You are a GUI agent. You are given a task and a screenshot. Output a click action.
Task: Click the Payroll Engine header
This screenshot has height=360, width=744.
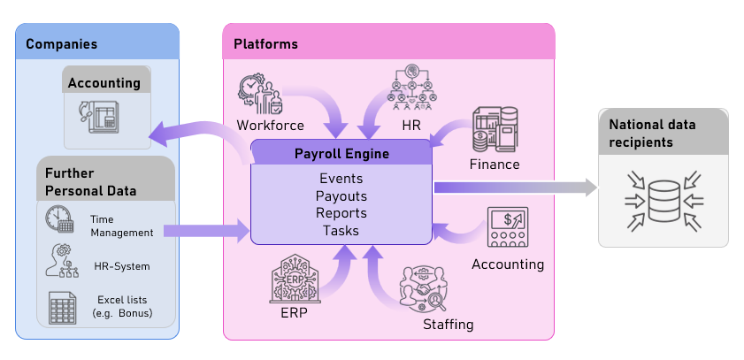[341, 154]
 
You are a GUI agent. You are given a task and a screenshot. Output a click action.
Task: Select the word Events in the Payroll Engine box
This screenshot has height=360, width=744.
[341, 179]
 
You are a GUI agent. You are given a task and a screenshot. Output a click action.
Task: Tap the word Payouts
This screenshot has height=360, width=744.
[341, 195]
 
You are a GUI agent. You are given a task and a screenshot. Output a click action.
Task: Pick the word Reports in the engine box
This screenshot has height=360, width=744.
[341, 213]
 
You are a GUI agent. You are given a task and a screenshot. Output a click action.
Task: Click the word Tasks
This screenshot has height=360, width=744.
[341, 230]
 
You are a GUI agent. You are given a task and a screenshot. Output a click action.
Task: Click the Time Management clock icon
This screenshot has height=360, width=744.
[59, 218]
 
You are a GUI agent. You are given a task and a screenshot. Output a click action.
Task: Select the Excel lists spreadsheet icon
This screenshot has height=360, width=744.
[60, 307]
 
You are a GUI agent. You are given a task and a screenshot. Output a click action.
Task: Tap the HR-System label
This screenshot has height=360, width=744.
[121, 266]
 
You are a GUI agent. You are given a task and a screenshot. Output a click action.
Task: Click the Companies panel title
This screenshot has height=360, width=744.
[61, 43]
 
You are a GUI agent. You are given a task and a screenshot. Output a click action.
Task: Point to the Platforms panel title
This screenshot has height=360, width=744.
[265, 43]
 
